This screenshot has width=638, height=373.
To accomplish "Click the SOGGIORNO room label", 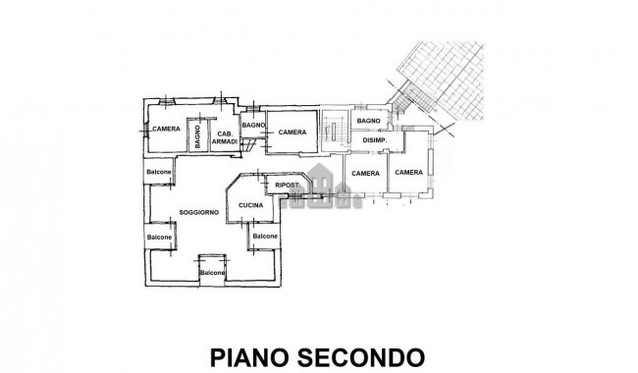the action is (199, 213).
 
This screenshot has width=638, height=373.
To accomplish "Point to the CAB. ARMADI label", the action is (226, 137).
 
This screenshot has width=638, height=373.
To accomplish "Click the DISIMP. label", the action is (375, 140).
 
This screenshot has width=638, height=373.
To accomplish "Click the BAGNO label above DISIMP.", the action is (369, 121).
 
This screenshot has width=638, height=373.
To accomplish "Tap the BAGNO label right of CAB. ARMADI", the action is (254, 125).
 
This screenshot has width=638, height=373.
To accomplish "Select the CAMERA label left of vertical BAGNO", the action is (165, 129).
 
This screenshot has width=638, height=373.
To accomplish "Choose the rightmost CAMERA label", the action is (408, 173).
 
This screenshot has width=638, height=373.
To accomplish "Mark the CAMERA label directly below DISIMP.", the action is (365, 174).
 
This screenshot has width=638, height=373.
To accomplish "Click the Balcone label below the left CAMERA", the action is (160, 173).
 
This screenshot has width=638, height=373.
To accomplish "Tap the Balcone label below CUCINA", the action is (264, 237).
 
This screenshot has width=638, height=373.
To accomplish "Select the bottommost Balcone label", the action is (212, 272).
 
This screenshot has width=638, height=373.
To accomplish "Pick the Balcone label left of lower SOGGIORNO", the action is (159, 237).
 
